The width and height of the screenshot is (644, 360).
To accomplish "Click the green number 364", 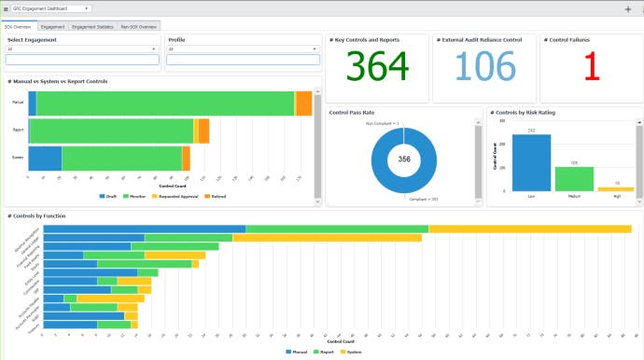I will pyautogui.click(x=377, y=67).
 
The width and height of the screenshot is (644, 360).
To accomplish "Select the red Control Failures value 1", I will pyautogui.click(x=590, y=67).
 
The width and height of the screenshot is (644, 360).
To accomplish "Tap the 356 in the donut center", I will pyautogui.click(x=404, y=159).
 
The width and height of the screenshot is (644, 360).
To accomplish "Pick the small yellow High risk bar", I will pyautogui.click(x=616, y=189).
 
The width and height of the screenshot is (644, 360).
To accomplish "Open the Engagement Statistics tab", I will pyautogui.click(x=92, y=27).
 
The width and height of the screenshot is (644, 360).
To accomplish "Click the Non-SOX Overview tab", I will pyautogui.click(x=137, y=27).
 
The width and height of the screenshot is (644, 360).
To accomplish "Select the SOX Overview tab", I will pyautogui.click(x=19, y=27).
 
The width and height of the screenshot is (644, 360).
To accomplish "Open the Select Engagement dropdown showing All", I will pyautogui.click(x=82, y=49).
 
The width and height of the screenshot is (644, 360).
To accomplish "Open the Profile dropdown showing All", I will pyautogui.click(x=243, y=49).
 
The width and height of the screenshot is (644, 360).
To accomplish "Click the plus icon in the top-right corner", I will pyautogui.click(x=627, y=8).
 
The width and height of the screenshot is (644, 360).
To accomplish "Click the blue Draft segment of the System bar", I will pyautogui.click(x=45, y=159).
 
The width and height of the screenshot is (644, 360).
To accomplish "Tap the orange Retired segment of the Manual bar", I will pyautogui.click(x=303, y=104).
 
